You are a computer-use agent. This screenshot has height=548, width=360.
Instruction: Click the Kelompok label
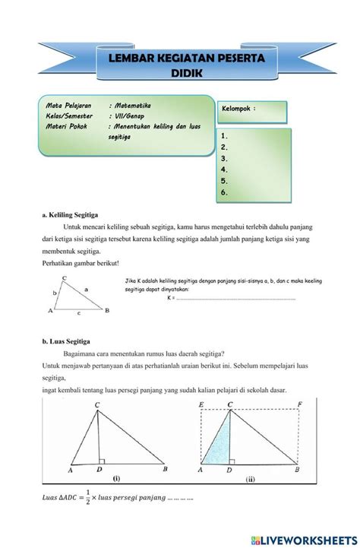click(238, 109)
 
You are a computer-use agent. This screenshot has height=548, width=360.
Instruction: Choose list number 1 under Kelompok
click(224, 135)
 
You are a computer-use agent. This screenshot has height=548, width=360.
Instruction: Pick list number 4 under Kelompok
click(224, 170)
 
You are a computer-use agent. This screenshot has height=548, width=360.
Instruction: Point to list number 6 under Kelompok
click(224, 193)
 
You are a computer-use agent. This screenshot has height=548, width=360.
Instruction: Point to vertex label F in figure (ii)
click(302, 405)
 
